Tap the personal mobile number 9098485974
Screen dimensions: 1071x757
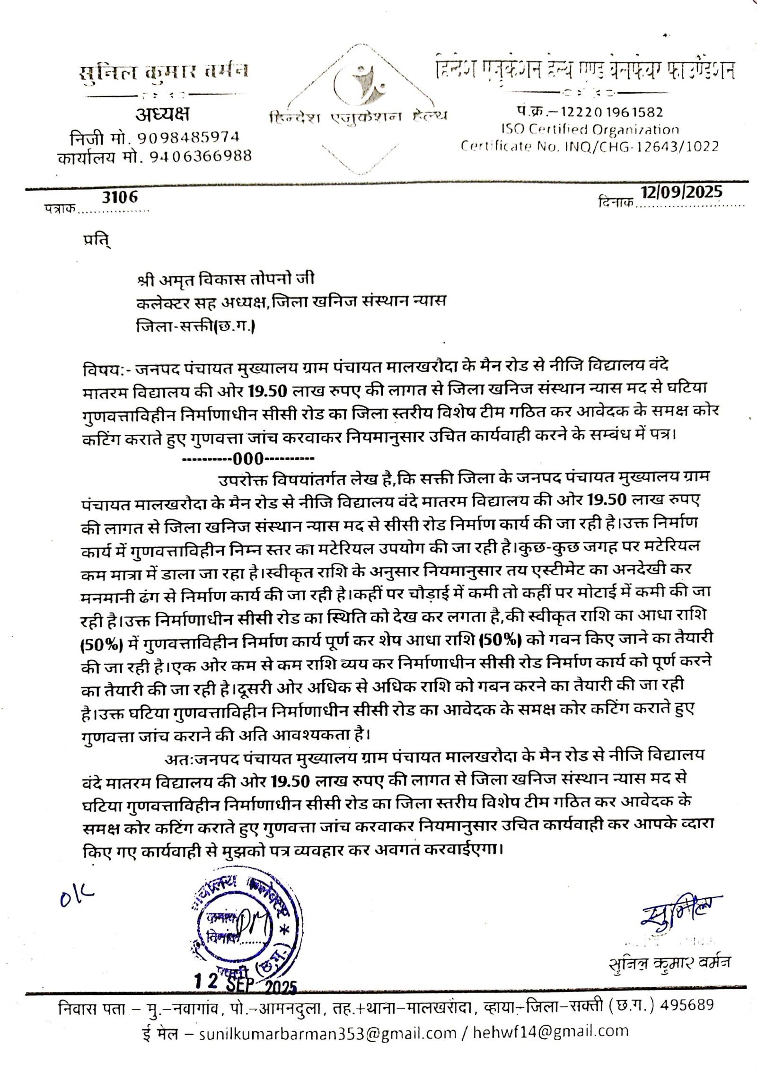click(188, 137)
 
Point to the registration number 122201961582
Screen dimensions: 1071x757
click(611, 112)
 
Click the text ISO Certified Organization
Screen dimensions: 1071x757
click(590, 129)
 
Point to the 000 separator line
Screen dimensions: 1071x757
click(248, 458)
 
